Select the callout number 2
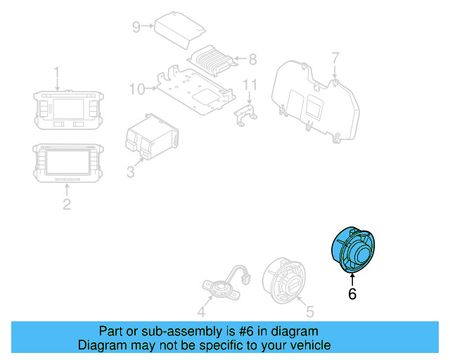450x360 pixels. [67, 205]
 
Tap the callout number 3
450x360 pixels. [130, 172]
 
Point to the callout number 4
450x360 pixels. [201, 313]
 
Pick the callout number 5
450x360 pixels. [310, 309]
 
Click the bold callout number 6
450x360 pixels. [352, 294]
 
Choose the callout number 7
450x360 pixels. [335, 57]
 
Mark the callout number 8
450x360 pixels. [253, 60]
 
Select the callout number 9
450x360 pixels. [136, 27]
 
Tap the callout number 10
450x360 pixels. [137, 89]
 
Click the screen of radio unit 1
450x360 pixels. [67, 110]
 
